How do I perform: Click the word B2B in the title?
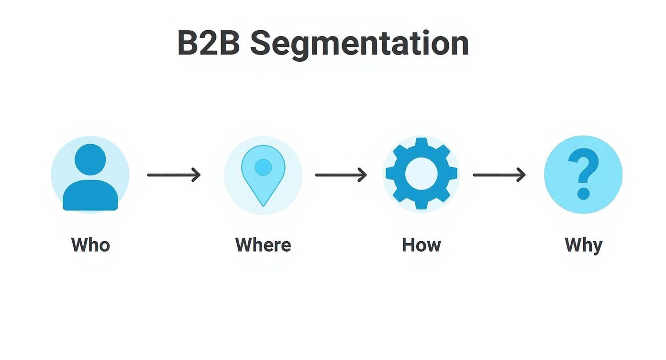tap(208, 43)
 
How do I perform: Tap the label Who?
tap(90, 245)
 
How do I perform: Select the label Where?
tap(263, 245)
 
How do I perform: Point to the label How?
tap(421, 245)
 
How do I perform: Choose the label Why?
tap(583, 245)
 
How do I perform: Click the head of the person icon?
tap(90, 159)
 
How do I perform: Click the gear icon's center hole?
tap(421, 174)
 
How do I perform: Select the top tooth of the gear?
tap(421, 143)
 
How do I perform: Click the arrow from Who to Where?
tap(173, 175)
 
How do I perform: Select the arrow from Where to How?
tap(341, 175)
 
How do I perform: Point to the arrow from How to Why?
tap(499, 175)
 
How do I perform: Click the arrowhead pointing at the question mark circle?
tap(521, 175)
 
